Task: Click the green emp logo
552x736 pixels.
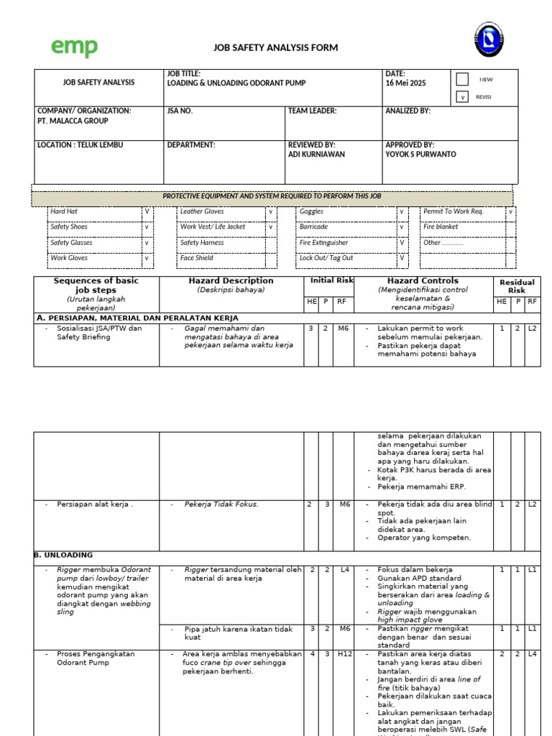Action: (x=74, y=47)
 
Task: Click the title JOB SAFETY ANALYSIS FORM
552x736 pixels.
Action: (x=275, y=48)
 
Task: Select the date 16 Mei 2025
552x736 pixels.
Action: (x=405, y=83)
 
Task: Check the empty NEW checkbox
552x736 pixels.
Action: (x=463, y=80)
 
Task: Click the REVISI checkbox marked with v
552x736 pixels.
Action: (x=463, y=96)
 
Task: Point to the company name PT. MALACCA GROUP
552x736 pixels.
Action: (x=73, y=121)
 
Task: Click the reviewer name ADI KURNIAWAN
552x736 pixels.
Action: (x=316, y=155)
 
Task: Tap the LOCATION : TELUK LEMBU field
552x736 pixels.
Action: (x=80, y=145)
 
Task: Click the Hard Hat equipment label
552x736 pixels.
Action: (x=64, y=212)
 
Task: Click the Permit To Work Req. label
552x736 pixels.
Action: (x=454, y=212)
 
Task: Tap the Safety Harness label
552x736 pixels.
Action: (x=202, y=243)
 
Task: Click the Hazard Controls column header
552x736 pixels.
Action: (x=423, y=281)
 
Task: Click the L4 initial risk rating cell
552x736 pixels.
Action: (x=344, y=570)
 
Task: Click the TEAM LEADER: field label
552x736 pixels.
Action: (x=312, y=111)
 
